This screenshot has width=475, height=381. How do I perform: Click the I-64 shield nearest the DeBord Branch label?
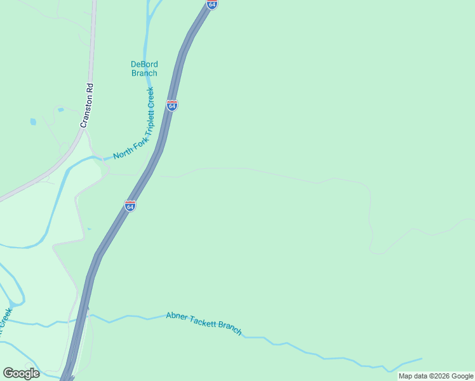[x=171, y=105]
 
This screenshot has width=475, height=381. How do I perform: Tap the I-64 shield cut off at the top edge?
[x=211, y=4]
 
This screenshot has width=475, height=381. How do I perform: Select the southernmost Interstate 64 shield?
[x=130, y=206]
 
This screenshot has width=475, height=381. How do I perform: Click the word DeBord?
[x=144, y=64]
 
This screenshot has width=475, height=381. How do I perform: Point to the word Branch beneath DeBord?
[x=144, y=73]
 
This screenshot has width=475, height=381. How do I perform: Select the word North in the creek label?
[x=123, y=154]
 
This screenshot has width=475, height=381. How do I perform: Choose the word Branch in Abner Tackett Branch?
[x=230, y=328]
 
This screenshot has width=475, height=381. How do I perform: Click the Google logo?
[x=21, y=373]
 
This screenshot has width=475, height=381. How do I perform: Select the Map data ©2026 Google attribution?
[x=436, y=376]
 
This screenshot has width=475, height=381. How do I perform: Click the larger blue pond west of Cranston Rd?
[x=33, y=121]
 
